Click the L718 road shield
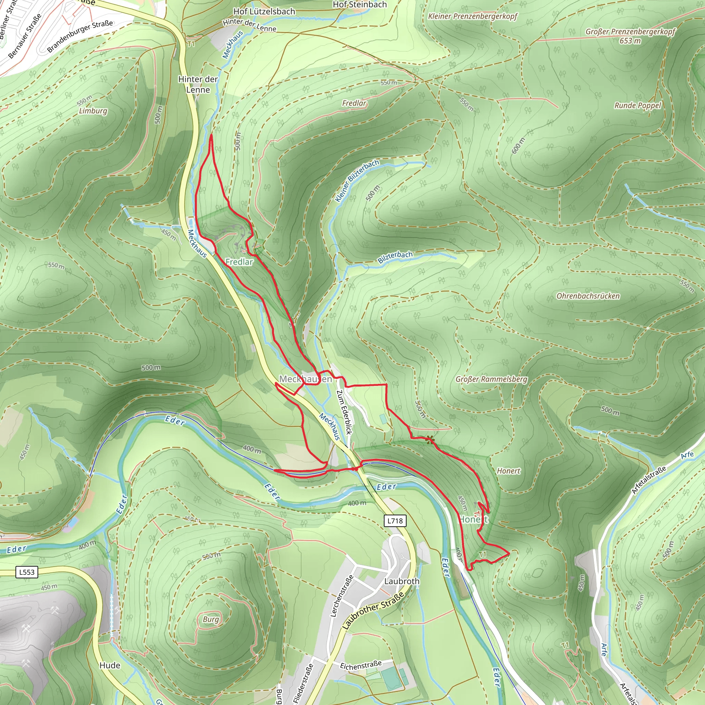point(395,521)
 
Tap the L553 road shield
point(27,572)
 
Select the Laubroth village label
point(402,581)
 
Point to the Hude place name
point(110,665)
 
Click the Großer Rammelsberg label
point(491,379)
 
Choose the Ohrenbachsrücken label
point(588,296)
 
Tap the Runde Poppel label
point(638,105)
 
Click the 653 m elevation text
point(630,41)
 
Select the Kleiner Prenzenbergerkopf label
point(473,17)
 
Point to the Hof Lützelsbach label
point(264,12)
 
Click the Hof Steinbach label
point(359,5)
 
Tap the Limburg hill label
point(93,111)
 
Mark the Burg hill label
point(211,619)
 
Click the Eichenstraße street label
point(361,665)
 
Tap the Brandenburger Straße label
point(80,36)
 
